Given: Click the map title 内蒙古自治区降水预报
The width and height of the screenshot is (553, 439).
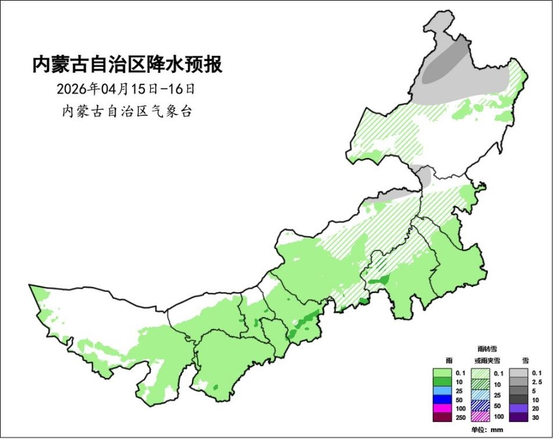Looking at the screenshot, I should pos(127,65).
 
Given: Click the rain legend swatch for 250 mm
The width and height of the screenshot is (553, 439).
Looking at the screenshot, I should pos(443,417).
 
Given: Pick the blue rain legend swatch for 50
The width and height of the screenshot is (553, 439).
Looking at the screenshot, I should pos(443,399).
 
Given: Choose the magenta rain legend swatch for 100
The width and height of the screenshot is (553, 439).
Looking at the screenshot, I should pos(443,408).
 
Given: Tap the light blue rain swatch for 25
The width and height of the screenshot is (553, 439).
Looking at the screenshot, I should pos(443,391).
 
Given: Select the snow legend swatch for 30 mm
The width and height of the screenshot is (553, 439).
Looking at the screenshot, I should pos(519,417).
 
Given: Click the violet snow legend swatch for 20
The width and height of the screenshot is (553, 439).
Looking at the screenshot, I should pos(519,408).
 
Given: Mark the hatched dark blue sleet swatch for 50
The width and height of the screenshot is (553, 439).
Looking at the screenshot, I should pos(481,406).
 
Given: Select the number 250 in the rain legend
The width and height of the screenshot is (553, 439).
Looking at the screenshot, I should pos(460,417).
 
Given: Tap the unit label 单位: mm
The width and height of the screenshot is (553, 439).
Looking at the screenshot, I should pos(486,430).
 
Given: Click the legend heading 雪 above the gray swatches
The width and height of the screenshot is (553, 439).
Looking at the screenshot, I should pos(526,361).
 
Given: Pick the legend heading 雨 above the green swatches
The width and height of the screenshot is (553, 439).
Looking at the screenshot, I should pos(449,361).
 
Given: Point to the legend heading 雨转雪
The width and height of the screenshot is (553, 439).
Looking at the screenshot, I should pos(487,349).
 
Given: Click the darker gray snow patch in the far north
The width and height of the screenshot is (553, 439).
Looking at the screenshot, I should pos(446,64).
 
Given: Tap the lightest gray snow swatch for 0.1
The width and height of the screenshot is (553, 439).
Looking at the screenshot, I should pos(519,373).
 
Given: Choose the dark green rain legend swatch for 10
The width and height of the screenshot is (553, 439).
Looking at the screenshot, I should pos(443,382).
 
